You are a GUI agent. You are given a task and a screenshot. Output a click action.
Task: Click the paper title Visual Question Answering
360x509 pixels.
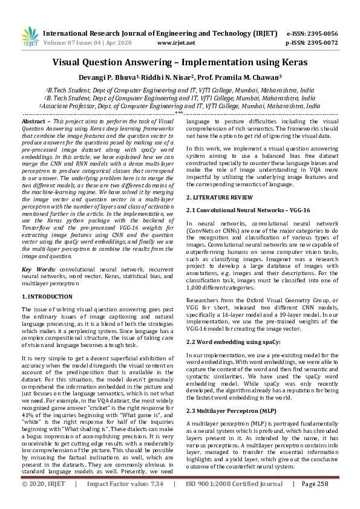[x=180, y=62]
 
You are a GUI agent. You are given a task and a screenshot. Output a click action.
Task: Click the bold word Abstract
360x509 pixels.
[x=34, y=122]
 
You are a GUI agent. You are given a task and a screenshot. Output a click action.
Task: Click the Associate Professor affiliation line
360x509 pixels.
[x=180, y=105]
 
